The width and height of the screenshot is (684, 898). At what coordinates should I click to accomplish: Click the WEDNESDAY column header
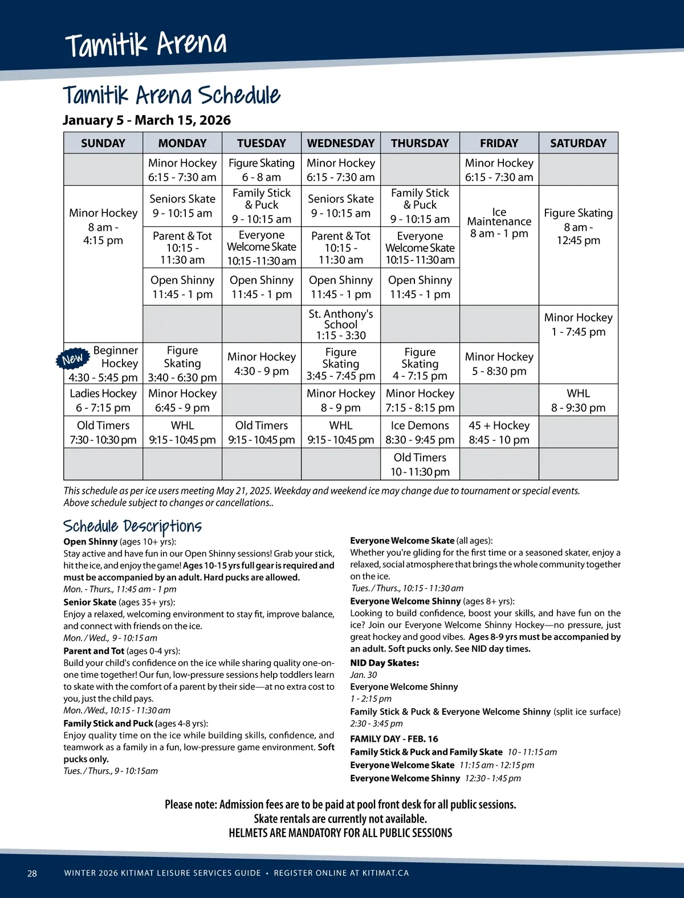(x=340, y=143)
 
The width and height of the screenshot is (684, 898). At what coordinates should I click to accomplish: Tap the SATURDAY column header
(x=578, y=143)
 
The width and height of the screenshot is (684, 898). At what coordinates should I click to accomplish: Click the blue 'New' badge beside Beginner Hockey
(x=72, y=359)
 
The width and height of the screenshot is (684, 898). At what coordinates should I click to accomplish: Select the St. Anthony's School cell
(x=340, y=324)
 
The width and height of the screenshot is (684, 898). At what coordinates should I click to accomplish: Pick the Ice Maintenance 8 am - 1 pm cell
(x=499, y=223)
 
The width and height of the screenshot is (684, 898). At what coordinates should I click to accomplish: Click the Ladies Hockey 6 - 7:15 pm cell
(x=103, y=400)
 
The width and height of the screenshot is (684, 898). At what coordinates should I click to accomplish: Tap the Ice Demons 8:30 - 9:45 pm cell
(x=420, y=432)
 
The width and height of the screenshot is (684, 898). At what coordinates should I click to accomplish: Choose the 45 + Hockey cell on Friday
(x=499, y=432)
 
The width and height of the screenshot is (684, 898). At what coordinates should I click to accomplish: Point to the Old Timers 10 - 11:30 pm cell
(x=420, y=464)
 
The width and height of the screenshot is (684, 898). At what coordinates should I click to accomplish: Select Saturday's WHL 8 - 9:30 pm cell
(x=578, y=400)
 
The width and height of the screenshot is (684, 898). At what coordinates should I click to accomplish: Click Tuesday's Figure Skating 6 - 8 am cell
(x=261, y=170)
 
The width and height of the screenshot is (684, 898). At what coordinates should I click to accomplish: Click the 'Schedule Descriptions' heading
(x=132, y=526)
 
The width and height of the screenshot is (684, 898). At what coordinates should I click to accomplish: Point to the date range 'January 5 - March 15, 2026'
(x=146, y=120)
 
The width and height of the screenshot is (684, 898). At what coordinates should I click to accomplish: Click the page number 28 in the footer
(x=32, y=873)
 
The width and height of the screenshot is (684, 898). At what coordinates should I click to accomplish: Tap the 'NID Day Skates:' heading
(x=384, y=663)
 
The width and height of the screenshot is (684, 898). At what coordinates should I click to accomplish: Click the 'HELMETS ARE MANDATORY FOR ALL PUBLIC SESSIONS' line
(x=340, y=833)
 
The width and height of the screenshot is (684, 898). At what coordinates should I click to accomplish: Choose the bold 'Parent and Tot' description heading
(x=93, y=651)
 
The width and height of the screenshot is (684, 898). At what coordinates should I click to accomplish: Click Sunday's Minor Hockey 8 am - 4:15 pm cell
(x=103, y=226)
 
